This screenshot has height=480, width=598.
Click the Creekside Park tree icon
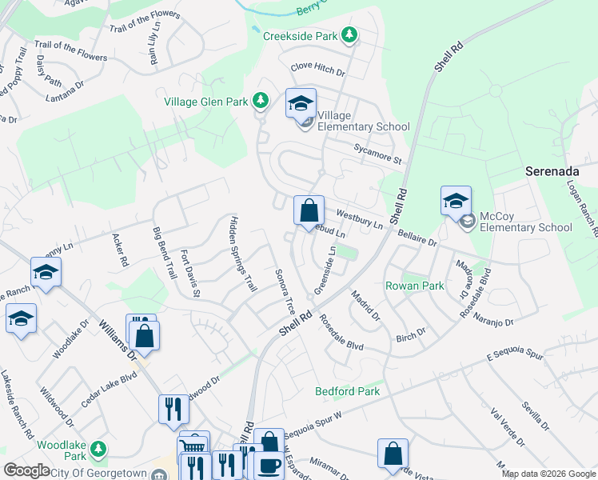349,35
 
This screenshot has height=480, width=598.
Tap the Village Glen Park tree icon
260,101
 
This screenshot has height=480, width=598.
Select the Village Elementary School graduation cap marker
301,104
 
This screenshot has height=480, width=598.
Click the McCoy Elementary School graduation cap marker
455,201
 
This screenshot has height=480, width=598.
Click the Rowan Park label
414,286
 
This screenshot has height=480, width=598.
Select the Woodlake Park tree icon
98,448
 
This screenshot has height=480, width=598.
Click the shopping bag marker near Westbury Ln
309,212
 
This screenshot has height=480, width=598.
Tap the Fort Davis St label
189,273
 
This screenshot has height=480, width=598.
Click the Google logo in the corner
26,470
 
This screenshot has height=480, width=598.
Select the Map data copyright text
548,474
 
